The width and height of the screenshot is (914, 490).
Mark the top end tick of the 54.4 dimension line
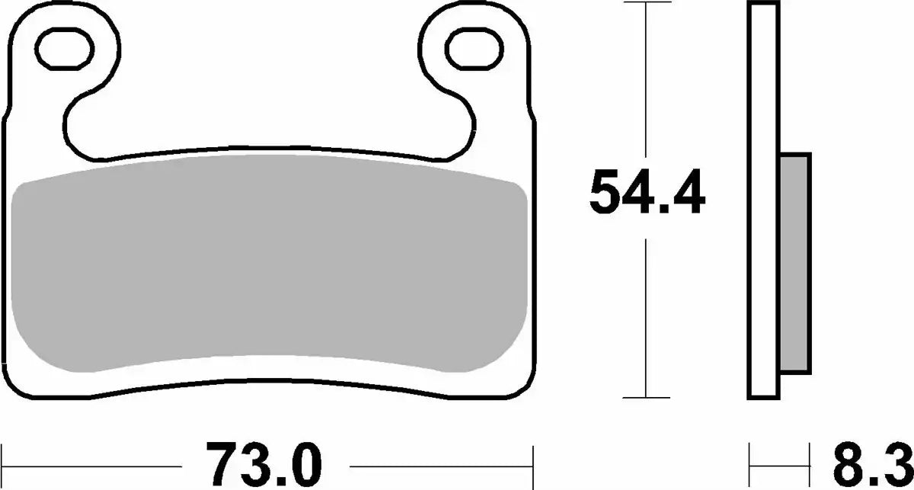click(647, 4)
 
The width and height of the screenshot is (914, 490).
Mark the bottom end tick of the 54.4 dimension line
click(647, 397)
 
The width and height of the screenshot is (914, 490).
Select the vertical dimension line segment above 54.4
click(647, 84)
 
